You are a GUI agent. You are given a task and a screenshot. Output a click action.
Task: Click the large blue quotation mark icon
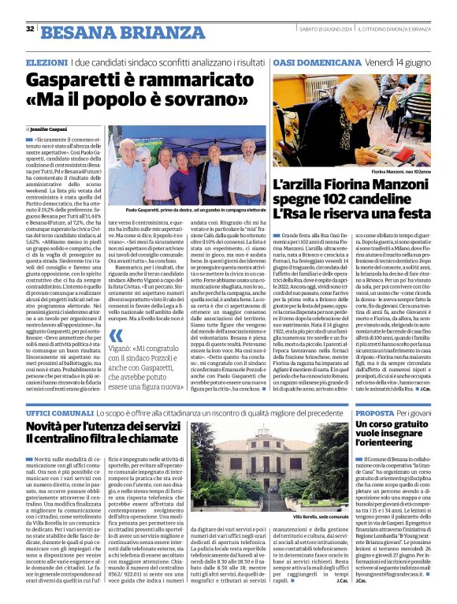point(117,358)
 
